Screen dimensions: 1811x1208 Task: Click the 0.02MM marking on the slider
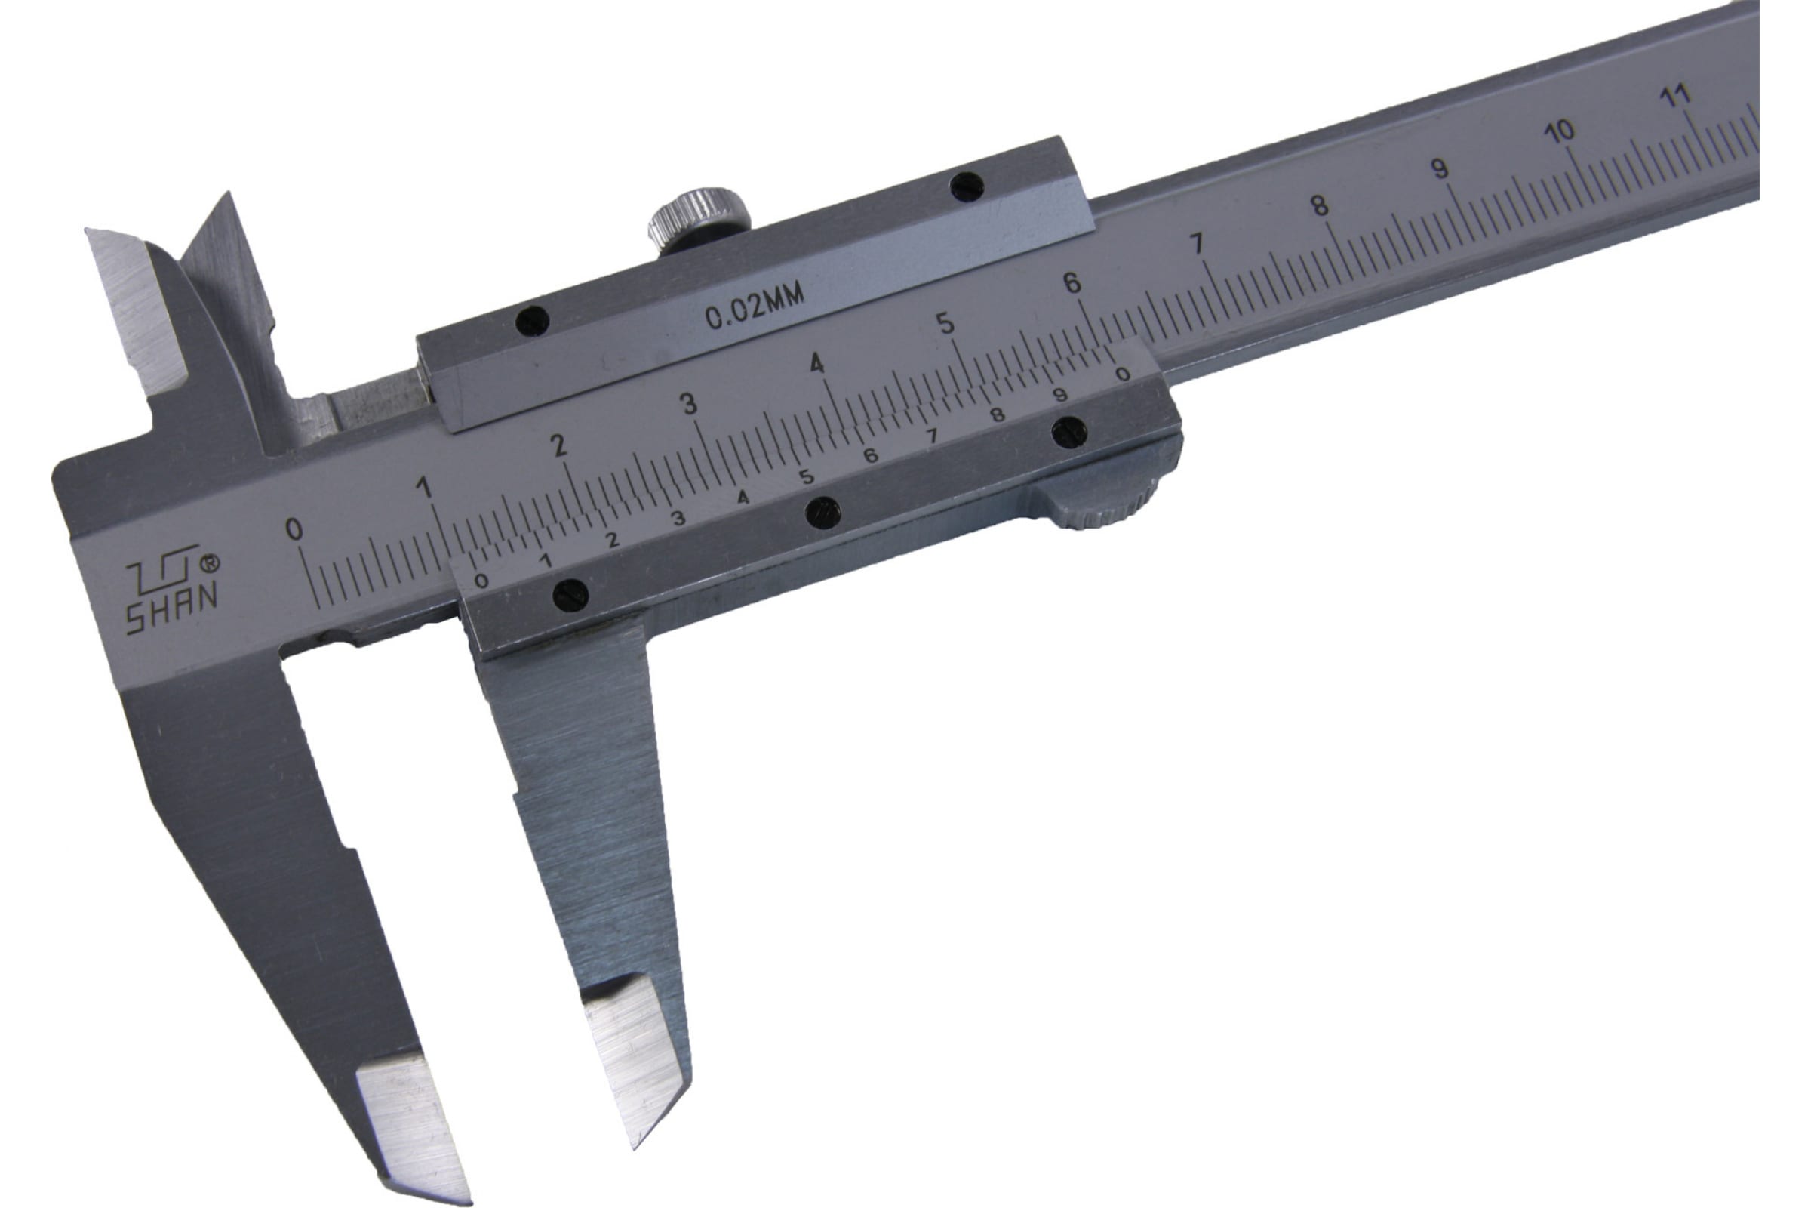(755, 305)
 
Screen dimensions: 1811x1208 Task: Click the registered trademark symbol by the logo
(209, 563)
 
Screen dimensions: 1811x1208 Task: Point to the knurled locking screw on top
(699, 217)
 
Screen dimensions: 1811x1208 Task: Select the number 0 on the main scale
(294, 529)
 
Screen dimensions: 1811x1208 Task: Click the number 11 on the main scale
(1674, 97)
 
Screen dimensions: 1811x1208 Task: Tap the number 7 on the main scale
(1196, 244)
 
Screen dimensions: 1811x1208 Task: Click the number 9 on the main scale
(1438, 168)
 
